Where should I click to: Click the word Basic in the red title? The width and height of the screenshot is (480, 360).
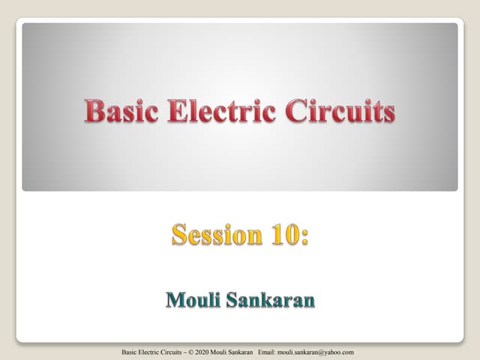119,112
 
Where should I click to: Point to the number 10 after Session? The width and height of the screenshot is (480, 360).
281,235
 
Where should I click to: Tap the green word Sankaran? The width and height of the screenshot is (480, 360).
274,301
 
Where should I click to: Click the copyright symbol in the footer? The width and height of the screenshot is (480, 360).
198,352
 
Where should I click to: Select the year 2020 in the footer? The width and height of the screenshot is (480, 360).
210,352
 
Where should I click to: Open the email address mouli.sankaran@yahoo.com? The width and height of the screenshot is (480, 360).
327,352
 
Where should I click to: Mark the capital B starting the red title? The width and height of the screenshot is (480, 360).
92,112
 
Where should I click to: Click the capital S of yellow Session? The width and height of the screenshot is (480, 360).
180,235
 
